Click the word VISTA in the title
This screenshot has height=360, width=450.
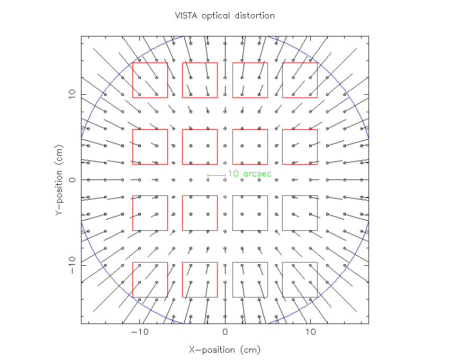[x=185, y=16]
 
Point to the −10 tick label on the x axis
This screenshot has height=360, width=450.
[x=139, y=333]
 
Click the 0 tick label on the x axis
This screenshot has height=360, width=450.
[x=225, y=333]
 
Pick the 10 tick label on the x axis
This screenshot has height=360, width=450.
[x=311, y=333]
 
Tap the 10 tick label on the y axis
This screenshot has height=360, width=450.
[x=71, y=94]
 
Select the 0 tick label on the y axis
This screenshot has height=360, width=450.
[x=71, y=180]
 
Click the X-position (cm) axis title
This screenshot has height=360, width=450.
[x=225, y=350]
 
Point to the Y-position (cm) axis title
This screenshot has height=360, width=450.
[x=59, y=180]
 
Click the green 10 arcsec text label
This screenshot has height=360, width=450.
[x=249, y=174]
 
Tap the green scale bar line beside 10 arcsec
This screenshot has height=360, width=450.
[x=217, y=175]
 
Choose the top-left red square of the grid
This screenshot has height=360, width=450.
[x=150, y=80]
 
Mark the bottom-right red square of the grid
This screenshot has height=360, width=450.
[x=300, y=280]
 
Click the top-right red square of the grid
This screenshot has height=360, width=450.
[x=300, y=80]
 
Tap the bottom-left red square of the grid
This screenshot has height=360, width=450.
[x=150, y=280]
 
